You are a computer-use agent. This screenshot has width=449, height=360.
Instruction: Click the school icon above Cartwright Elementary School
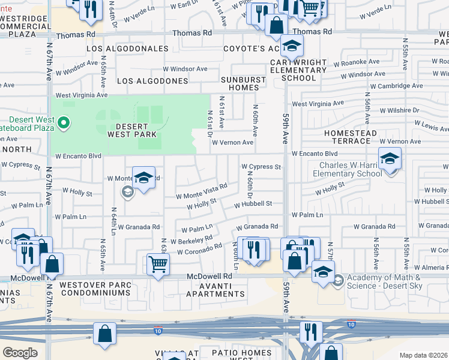[x=291, y=46]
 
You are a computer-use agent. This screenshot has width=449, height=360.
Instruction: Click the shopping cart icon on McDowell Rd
[x=157, y=263]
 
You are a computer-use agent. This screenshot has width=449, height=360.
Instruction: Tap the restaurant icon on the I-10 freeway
[x=310, y=331]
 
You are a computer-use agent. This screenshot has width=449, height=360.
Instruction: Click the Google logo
[x=20, y=353]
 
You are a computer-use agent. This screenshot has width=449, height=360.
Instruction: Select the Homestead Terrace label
[x=351, y=137]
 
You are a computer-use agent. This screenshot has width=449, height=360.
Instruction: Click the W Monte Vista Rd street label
[x=201, y=191]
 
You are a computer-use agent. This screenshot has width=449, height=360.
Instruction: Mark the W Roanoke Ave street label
[x=357, y=62]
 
